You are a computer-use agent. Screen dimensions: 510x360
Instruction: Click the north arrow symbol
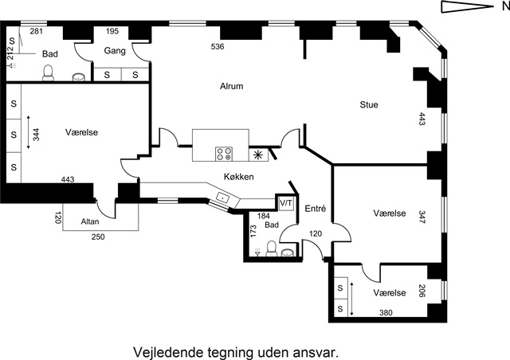click(x=467, y=7)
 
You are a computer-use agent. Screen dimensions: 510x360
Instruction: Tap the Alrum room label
click(x=232, y=86)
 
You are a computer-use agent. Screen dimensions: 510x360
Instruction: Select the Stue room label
click(x=369, y=104)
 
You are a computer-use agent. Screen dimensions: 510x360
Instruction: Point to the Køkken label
click(x=239, y=177)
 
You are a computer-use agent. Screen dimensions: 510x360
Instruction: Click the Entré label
click(x=316, y=209)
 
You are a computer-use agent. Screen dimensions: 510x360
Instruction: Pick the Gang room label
click(x=115, y=51)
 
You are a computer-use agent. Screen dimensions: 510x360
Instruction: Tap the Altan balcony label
click(x=90, y=221)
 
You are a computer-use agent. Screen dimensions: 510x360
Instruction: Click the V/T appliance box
click(x=286, y=204)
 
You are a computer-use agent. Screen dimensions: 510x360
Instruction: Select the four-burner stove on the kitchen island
click(x=224, y=154)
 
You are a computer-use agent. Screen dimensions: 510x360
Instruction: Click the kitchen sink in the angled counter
click(x=223, y=198)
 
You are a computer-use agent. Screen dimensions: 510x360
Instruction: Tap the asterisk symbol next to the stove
click(x=258, y=155)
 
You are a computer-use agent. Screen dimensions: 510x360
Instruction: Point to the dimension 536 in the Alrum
click(x=218, y=46)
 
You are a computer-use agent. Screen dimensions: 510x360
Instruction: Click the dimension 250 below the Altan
click(x=98, y=237)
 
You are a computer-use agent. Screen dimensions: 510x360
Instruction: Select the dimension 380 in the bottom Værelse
click(x=386, y=312)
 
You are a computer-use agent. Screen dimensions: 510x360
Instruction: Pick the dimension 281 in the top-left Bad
click(x=36, y=31)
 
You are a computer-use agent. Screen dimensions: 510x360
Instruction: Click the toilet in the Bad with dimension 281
click(x=48, y=72)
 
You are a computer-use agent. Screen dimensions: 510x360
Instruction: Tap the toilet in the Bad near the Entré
click(x=271, y=248)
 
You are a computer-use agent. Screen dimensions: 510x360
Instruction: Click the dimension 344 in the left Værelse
click(x=36, y=135)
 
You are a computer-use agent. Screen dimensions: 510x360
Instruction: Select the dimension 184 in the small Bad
click(x=264, y=216)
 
